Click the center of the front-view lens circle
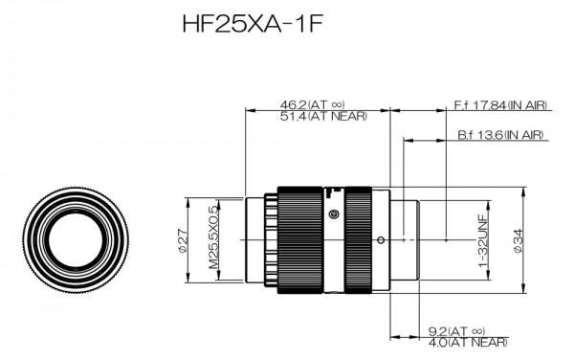(x=73, y=238)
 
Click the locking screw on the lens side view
(x=333, y=214)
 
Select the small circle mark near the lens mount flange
(x=381, y=238)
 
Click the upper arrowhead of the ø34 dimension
(x=522, y=190)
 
